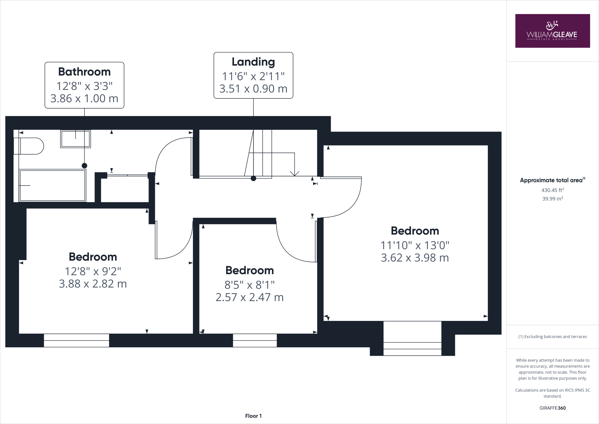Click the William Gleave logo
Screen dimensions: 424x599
(552, 31)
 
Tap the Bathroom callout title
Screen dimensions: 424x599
(84, 72)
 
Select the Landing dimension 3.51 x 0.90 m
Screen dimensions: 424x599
(253, 88)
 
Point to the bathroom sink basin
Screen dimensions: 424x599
(75, 139)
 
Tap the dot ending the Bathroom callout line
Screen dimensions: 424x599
(84, 166)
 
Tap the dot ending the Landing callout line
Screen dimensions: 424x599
(253, 178)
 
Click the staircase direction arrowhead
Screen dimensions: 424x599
(295, 173)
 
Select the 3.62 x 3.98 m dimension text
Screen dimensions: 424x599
(415, 258)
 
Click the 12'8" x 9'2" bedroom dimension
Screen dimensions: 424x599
(93, 271)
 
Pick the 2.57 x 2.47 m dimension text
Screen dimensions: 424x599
(249, 298)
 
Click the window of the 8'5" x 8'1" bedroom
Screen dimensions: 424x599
(255, 341)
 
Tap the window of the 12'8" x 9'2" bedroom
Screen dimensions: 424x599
(76, 341)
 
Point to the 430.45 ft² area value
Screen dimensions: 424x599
(552, 190)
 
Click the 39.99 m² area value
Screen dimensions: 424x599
(552, 199)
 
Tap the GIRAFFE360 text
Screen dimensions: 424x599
(552, 408)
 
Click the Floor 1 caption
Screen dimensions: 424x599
(253, 416)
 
